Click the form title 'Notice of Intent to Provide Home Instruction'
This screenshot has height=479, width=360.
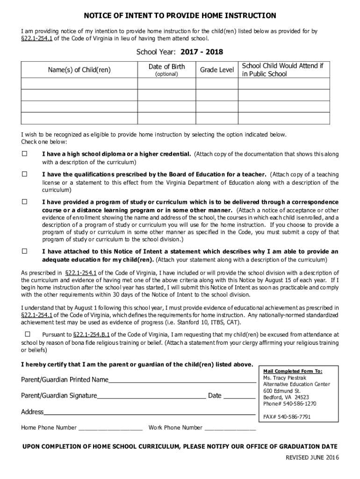click(x=180, y=16)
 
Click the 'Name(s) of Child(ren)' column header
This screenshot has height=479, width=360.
click(x=79, y=70)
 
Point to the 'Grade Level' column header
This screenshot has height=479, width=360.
click(x=217, y=70)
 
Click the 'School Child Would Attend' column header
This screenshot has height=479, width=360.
click(x=282, y=70)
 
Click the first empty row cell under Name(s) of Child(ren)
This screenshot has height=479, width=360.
click(x=79, y=84)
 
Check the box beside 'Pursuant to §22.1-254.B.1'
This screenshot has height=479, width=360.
click(x=27, y=334)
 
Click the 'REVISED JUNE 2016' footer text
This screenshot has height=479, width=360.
click(x=312, y=457)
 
